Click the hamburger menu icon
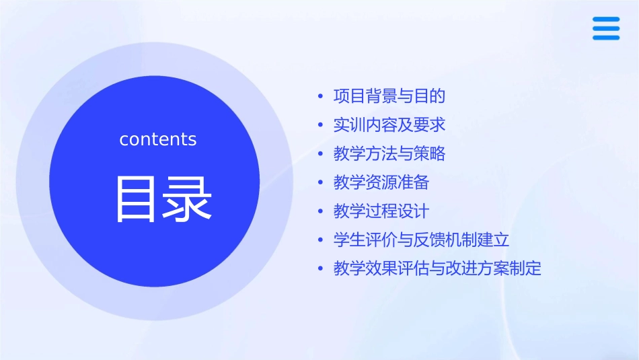[x=606, y=28]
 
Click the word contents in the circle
[x=158, y=139]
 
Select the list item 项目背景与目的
[x=389, y=96]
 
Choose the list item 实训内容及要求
[x=389, y=125]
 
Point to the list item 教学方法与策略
[x=389, y=153]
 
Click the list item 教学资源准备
[x=381, y=182]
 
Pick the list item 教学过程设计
[x=381, y=211]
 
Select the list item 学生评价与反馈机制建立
[x=422, y=240]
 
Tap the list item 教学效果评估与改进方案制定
[x=437, y=268]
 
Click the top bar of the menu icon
[x=606, y=20]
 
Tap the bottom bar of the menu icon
[x=606, y=38]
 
